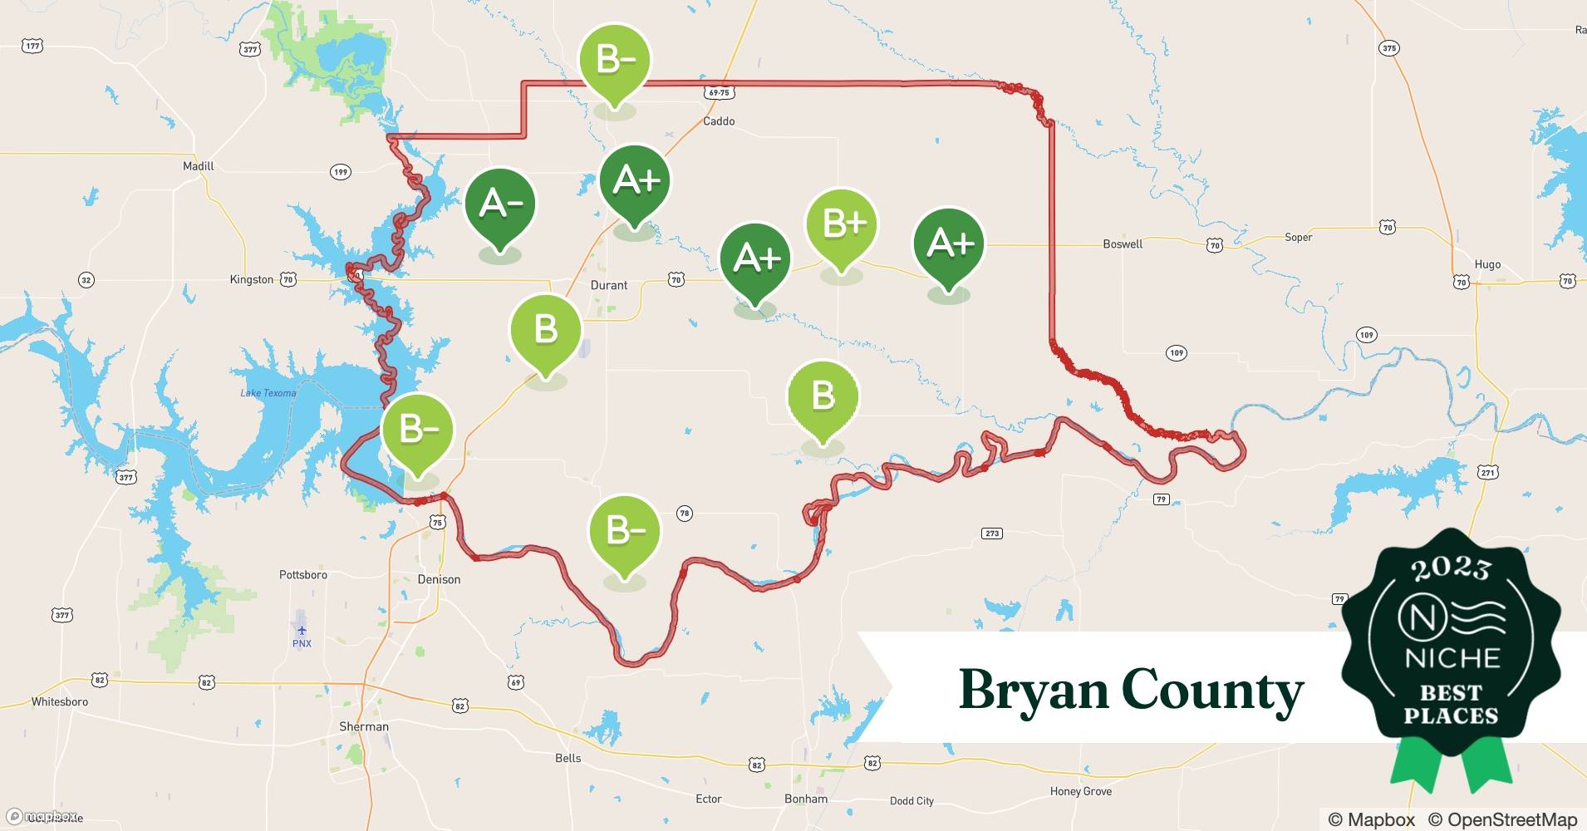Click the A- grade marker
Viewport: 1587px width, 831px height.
pos(500,204)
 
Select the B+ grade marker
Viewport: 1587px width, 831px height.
pos(841,224)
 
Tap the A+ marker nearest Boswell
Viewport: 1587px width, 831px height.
pos(948,243)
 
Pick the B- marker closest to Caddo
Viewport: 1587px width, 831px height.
pos(615,61)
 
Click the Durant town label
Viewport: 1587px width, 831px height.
pos(609,285)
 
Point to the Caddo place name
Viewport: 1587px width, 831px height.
pos(719,121)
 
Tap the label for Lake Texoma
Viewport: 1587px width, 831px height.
pos(268,393)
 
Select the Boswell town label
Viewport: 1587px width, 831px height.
pos(1123,244)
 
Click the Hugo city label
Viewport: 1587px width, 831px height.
pos(1487,264)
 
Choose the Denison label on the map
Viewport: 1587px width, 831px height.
pos(439,579)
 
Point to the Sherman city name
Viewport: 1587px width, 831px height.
pos(364,726)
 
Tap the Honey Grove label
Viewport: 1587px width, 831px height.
pos(1080,791)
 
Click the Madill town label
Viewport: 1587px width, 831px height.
pos(199,166)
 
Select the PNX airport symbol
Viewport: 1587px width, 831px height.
pos(302,631)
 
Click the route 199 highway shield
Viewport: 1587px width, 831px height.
pos(341,172)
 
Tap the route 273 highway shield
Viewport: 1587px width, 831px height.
pos(992,534)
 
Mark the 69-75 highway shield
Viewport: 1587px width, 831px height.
pos(719,93)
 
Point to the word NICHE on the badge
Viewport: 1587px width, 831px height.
pos(1452,658)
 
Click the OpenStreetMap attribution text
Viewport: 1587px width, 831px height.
pos(1502,819)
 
